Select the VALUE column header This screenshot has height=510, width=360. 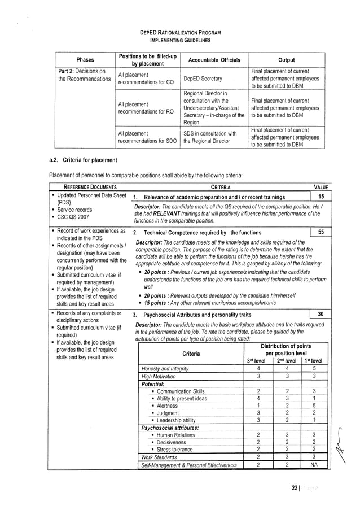[x=321, y=187]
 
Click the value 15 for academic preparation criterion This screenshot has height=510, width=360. [x=321, y=197]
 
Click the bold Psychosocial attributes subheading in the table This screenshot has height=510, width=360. [x=168, y=428]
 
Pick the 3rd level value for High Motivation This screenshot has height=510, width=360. [x=257, y=376]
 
